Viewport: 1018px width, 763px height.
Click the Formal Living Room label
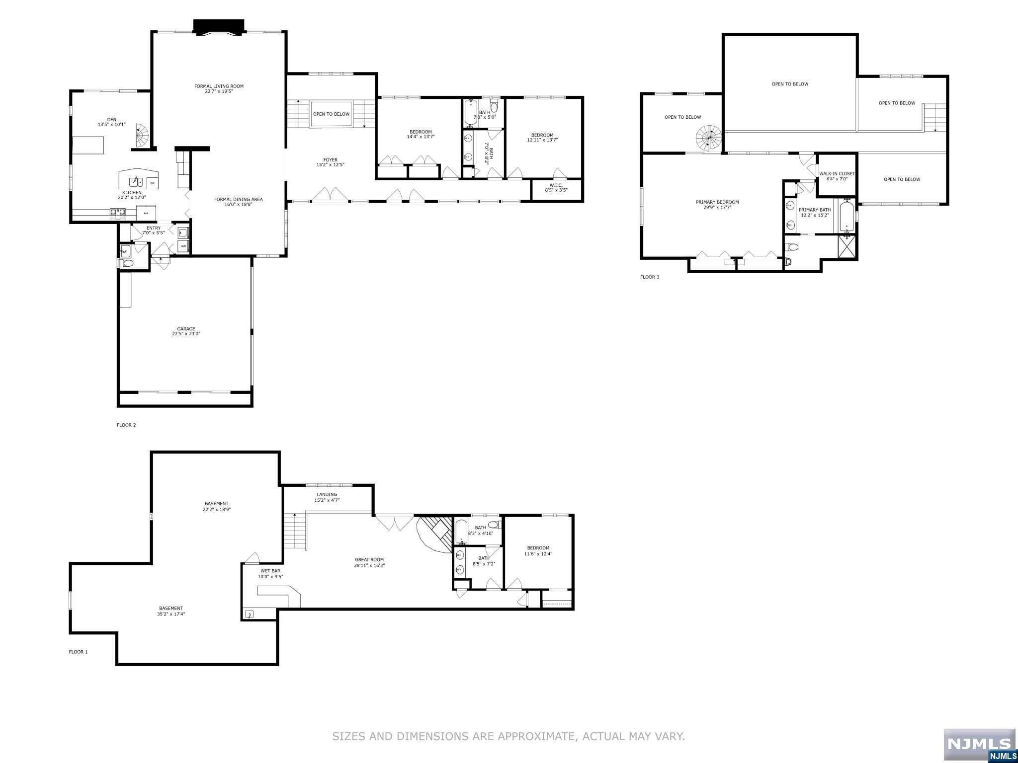[x=219, y=86]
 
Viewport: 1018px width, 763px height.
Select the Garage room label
[x=186, y=328]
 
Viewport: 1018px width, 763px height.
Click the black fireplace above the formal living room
[x=219, y=27]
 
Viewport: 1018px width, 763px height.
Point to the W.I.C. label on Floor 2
[x=556, y=185]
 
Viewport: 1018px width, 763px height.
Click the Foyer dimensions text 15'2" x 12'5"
[x=330, y=165]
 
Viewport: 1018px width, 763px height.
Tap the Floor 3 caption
[x=649, y=277]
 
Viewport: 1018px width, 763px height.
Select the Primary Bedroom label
[x=717, y=202]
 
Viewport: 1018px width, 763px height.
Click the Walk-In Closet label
[x=837, y=174]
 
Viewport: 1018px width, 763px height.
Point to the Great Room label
[x=369, y=560]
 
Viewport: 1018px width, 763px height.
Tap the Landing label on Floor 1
[x=327, y=494]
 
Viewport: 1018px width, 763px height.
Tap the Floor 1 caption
[x=78, y=652]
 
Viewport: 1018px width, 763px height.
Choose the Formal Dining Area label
[x=238, y=199]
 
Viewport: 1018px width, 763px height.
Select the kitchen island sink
[x=136, y=181]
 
